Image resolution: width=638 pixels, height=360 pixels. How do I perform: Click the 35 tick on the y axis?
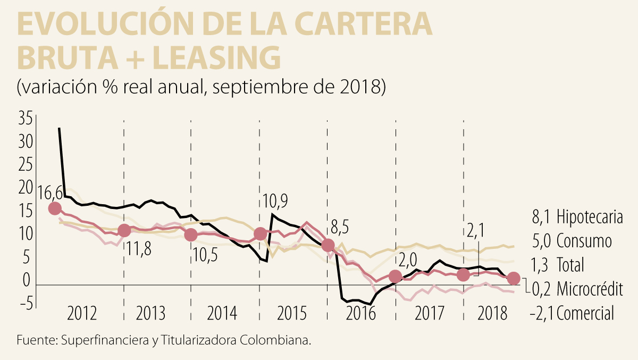(26, 119)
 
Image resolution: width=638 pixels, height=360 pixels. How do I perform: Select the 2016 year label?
(362, 314)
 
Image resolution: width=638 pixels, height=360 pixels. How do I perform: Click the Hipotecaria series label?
(590, 217)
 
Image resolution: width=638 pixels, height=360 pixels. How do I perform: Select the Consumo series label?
(584, 241)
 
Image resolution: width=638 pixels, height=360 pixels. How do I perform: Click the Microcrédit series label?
(590, 289)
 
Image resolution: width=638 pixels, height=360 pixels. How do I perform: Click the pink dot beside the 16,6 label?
(54, 208)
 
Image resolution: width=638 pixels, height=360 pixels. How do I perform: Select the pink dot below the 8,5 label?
(328, 245)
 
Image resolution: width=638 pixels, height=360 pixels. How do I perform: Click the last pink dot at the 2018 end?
(513, 278)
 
